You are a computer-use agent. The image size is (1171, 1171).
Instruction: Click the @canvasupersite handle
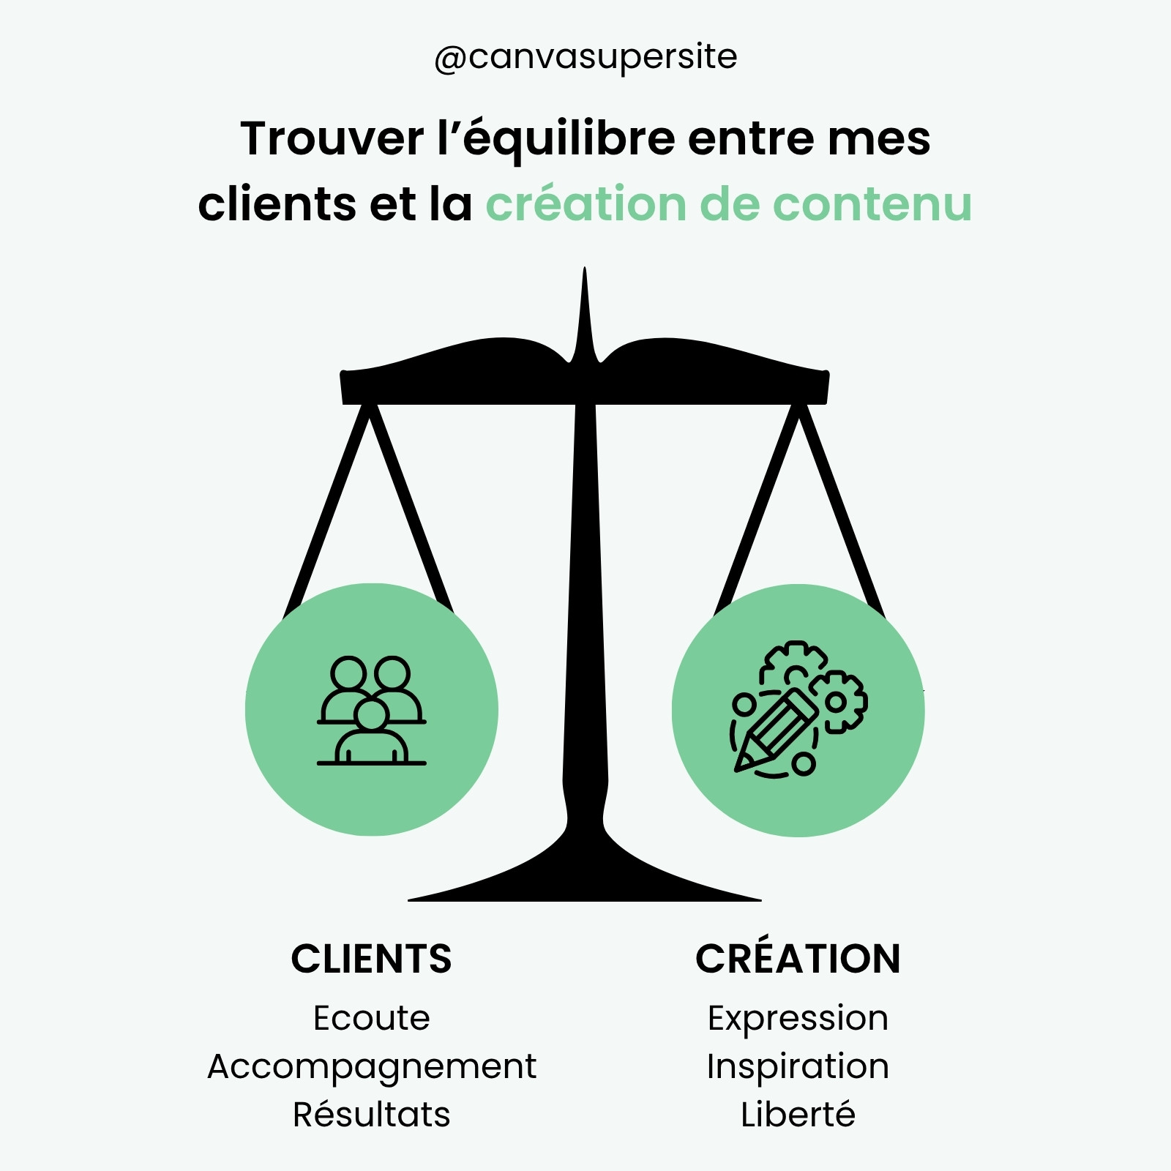(585, 58)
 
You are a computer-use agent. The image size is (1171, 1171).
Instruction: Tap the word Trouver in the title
(332, 138)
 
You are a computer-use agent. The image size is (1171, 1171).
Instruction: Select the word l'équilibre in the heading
(556, 139)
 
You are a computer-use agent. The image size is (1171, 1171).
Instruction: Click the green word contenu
(872, 204)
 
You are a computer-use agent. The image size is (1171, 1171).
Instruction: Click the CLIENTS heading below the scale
(371, 959)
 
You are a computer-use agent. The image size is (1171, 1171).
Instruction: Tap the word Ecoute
(371, 1018)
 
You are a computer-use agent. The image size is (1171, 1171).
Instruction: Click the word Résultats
(371, 1114)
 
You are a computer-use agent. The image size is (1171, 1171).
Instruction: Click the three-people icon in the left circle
(372, 711)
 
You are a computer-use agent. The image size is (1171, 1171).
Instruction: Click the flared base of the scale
(585, 875)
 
